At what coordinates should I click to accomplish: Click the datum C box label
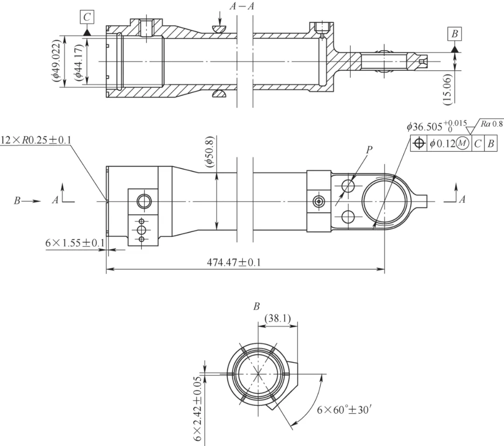coord(86,18)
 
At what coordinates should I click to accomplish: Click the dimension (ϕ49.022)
coord(56,61)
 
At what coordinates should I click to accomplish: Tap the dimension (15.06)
coord(447,88)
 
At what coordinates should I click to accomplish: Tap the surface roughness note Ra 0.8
coord(490,124)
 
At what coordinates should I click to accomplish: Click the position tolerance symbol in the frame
coord(419,144)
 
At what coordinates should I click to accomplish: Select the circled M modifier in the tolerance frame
coord(462,144)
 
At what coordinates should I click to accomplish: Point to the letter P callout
coord(369,150)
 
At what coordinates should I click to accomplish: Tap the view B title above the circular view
coord(256,307)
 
